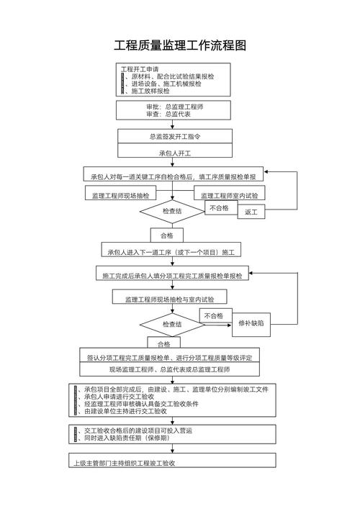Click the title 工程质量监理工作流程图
pos(180,45)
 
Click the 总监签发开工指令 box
pos(175,136)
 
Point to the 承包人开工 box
pos(175,153)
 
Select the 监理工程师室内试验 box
pos(229,195)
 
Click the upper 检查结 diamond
pos(171,212)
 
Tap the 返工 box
pos(251,212)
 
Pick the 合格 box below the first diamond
pos(166,235)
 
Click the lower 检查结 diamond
pos(171,325)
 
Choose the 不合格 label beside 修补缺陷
pos(213,315)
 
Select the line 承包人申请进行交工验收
pos(120,397)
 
